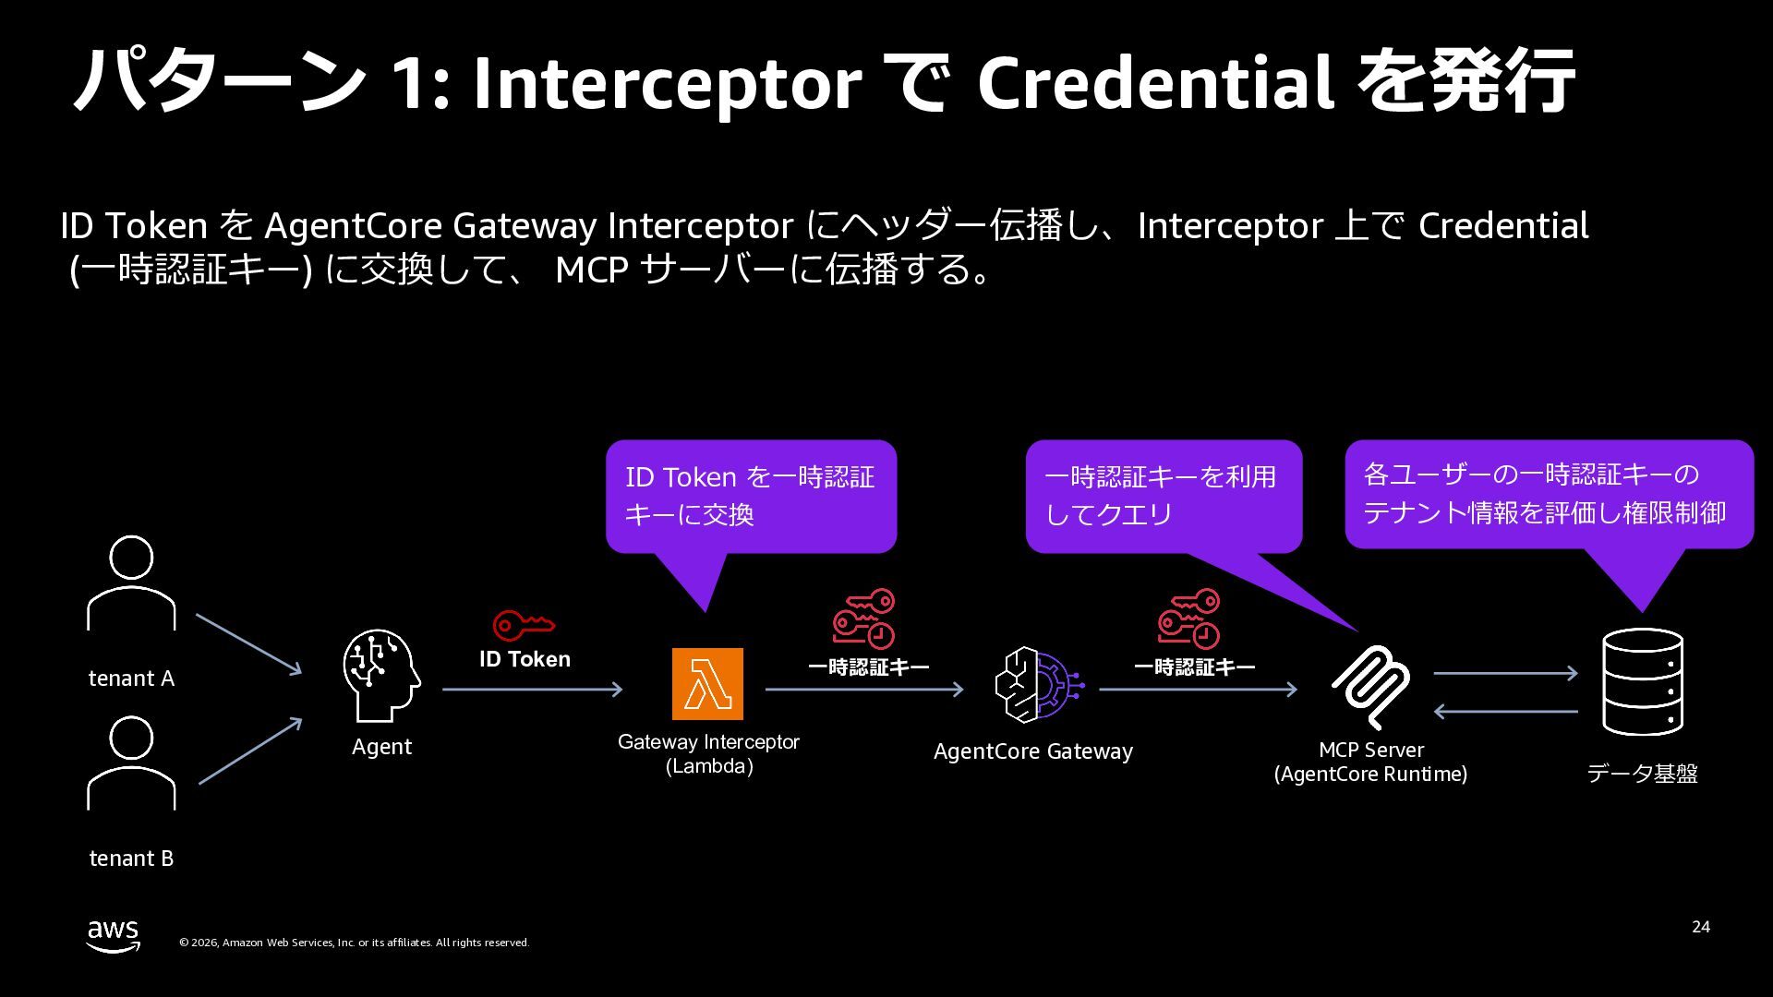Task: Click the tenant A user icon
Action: click(131, 583)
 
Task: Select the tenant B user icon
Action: click(131, 763)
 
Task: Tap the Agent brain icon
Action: click(381, 675)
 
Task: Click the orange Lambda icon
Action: click(707, 684)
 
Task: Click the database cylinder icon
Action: click(1642, 681)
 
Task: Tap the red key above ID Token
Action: click(524, 625)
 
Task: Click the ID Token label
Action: click(525, 659)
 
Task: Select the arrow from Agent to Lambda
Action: click(532, 690)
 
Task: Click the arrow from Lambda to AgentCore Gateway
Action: click(863, 690)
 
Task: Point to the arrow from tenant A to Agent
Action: click(248, 643)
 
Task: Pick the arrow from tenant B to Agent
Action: click(249, 751)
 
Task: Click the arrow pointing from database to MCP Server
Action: click(1505, 712)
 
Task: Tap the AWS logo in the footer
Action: click(114, 935)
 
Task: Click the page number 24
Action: click(1700, 927)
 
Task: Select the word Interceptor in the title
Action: click(667, 83)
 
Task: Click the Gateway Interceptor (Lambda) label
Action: click(708, 754)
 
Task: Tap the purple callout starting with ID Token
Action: click(750, 496)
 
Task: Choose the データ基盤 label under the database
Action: click(1642, 774)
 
